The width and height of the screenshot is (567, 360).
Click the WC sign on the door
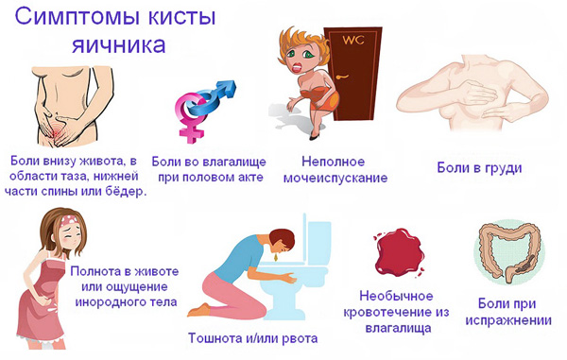[x=353, y=40]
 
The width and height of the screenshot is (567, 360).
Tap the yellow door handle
[x=341, y=77]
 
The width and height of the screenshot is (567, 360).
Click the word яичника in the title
[x=119, y=44]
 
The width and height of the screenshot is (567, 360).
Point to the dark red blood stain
[x=399, y=252]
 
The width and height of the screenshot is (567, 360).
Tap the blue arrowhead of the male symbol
[x=228, y=88]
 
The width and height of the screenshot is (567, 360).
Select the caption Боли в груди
[x=479, y=168]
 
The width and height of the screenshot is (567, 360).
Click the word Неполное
[x=333, y=162]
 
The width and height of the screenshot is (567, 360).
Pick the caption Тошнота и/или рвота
[x=252, y=338]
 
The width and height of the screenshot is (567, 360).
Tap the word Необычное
[x=396, y=296]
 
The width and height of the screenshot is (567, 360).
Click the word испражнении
[x=508, y=320]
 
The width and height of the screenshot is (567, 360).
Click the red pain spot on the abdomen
[x=57, y=132]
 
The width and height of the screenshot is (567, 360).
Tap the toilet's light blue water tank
[x=318, y=242]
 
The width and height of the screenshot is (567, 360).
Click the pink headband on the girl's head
[x=69, y=220]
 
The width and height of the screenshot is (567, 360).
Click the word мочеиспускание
[x=335, y=178]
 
